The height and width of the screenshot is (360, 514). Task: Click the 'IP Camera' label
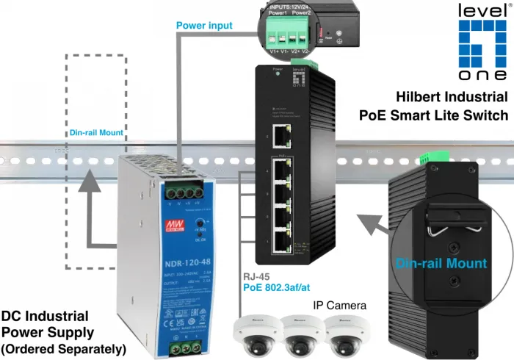click(341, 305)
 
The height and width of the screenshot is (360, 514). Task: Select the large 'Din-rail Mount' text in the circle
click(441, 263)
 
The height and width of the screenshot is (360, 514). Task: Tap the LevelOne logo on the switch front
click(300, 79)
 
